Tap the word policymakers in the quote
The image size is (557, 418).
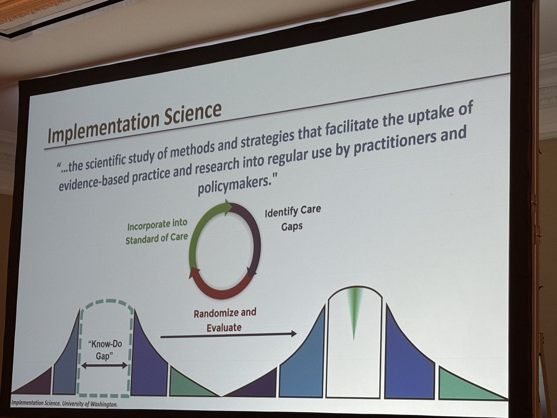232,185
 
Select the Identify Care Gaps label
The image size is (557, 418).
292,218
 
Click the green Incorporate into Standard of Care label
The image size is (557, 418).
157,231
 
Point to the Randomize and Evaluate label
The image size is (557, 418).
225,320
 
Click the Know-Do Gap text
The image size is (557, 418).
104,350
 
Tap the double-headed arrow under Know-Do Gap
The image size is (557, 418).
104,365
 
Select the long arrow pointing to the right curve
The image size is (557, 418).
228,335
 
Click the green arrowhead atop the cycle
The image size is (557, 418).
227,207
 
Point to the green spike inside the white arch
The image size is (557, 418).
354,310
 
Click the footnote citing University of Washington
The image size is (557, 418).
64,404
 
